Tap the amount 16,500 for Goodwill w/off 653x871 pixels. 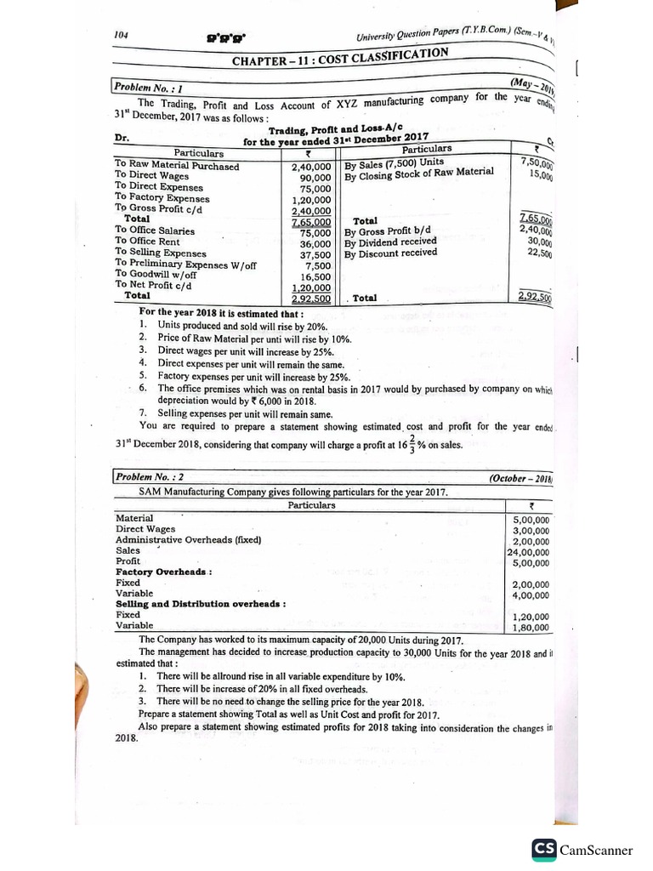(x=315, y=276)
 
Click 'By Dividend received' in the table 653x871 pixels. (x=390, y=242)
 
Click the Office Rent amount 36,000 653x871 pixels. (x=315, y=243)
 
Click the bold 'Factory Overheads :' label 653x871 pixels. (x=163, y=572)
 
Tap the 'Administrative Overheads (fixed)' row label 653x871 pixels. (x=188, y=540)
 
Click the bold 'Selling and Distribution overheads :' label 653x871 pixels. (x=200, y=604)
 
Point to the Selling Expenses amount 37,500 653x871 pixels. (x=315, y=254)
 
